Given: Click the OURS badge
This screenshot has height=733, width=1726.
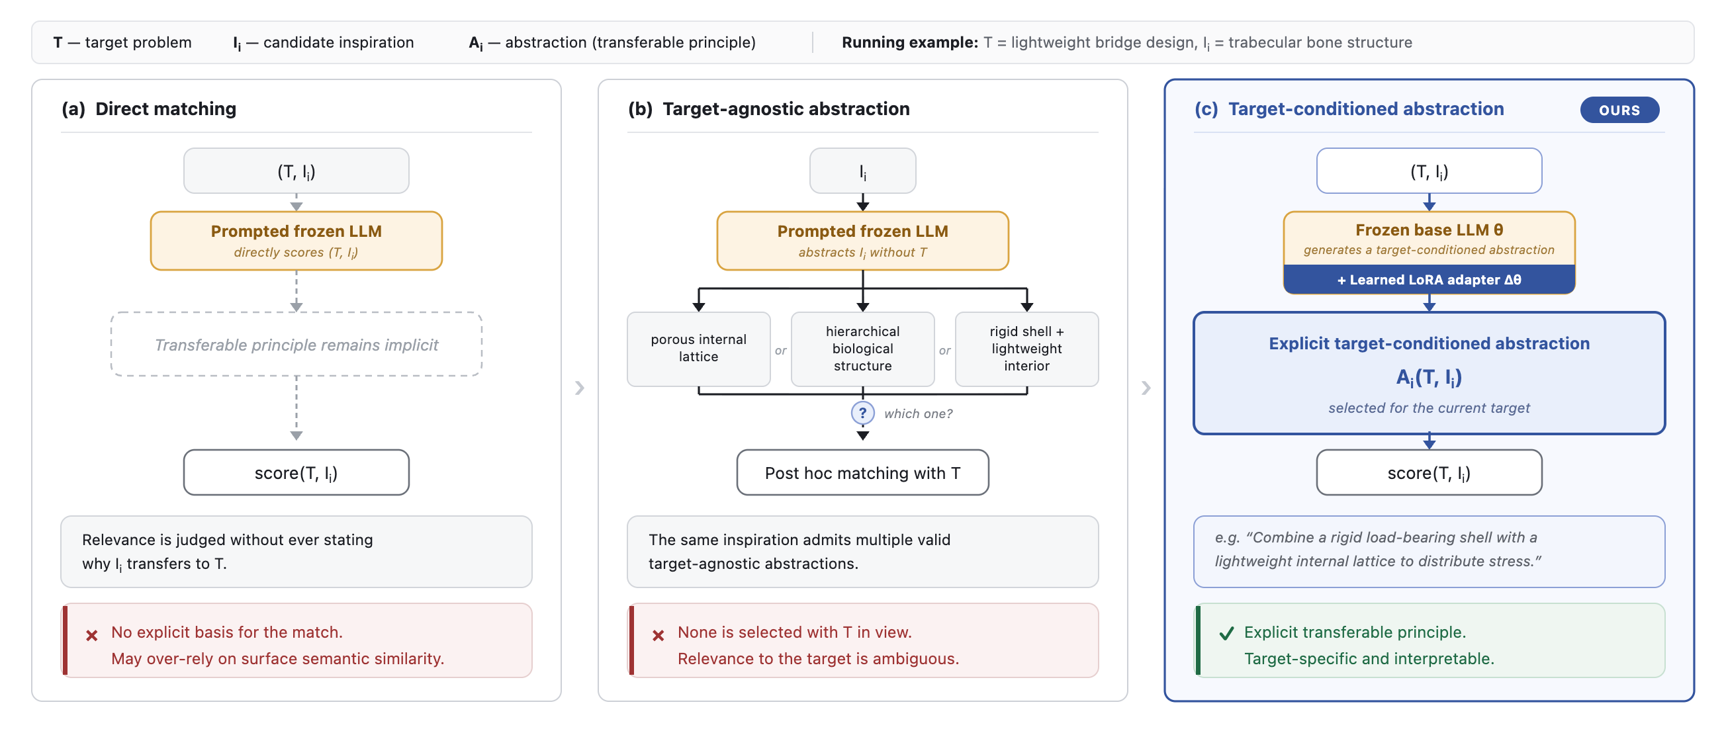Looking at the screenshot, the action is (x=1619, y=110).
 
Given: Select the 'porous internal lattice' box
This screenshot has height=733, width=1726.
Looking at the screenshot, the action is (x=698, y=349).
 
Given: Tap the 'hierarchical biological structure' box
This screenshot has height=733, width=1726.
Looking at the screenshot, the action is (x=862, y=349).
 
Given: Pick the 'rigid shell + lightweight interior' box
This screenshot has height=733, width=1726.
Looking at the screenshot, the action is (x=1026, y=349).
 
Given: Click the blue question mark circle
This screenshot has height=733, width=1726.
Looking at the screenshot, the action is (x=862, y=413).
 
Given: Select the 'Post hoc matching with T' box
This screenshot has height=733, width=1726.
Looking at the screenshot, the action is (x=862, y=472).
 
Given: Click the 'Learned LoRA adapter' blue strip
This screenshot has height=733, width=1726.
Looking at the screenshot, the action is (x=1428, y=279).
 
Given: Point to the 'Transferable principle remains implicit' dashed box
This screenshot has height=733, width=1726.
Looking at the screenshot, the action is (x=296, y=344).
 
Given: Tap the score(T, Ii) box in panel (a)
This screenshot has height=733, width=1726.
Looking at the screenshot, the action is (x=296, y=472).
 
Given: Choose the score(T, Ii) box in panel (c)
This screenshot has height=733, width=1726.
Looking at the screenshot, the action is (x=1428, y=472).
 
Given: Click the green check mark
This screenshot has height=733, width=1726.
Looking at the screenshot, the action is (x=1226, y=633).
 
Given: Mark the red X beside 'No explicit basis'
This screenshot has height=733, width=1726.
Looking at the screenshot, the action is (x=92, y=635).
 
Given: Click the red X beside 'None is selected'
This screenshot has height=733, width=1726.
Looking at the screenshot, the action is (x=658, y=635).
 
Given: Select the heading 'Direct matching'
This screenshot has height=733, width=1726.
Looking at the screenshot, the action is (x=165, y=108).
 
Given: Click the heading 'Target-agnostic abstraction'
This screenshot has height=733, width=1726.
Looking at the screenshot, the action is (x=786, y=108).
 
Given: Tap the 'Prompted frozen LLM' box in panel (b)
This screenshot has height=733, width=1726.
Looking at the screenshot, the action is (x=862, y=241).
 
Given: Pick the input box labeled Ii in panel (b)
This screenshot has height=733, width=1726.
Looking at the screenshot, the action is (x=862, y=171).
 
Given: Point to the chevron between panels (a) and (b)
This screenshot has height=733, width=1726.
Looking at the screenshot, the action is (x=580, y=388).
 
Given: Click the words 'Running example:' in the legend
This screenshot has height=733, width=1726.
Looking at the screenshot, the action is (x=910, y=42).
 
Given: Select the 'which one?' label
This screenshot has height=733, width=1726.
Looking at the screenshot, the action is (x=918, y=413).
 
